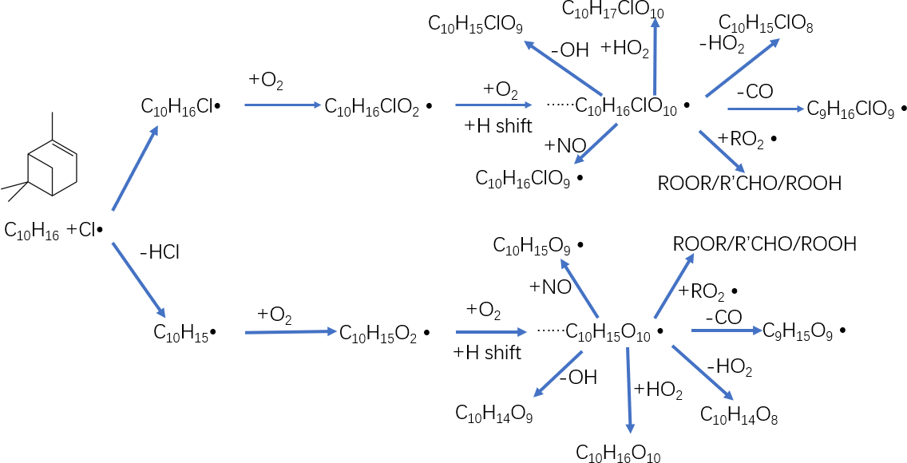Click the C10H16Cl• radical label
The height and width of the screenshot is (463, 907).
(x=180, y=105)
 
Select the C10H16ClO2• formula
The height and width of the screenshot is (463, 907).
(x=378, y=105)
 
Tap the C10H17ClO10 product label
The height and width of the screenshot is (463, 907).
(x=612, y=10)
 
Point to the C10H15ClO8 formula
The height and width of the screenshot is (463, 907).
(x=766, y=24)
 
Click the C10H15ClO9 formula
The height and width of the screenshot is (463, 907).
(x=476, y=25)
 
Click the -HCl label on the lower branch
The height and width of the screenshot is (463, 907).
(x=159, y=253)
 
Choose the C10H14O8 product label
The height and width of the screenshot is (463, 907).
(x=739, y=415)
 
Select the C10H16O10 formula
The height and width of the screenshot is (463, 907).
(x=619, y=453)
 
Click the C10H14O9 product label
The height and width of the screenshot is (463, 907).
(x=494, y=413)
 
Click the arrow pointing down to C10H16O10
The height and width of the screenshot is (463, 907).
(x=629, y=391)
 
